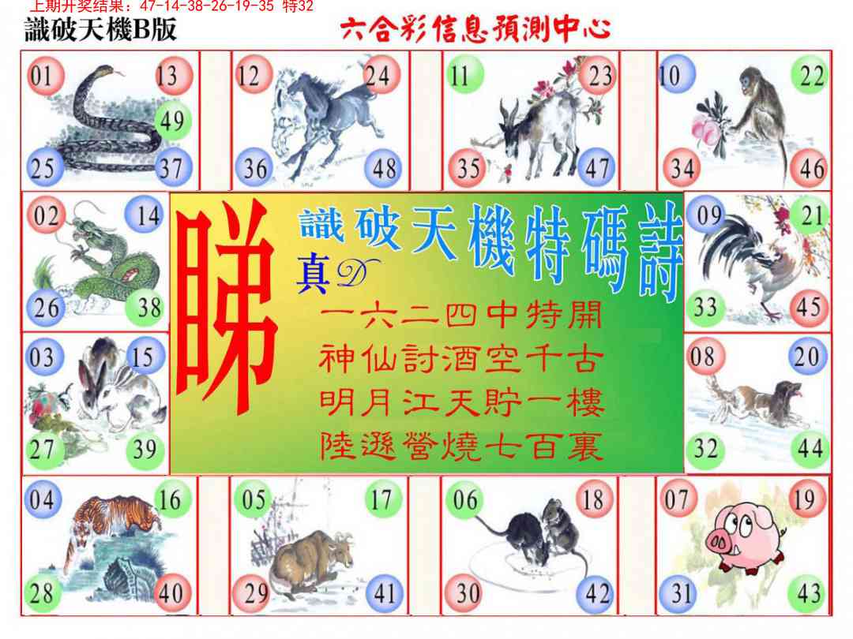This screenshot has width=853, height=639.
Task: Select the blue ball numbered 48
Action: point(385,168)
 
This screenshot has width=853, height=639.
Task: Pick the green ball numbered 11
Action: point(460,77)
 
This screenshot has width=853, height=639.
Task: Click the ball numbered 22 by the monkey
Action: point(811,77)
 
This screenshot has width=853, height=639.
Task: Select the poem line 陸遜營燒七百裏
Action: point(462,448)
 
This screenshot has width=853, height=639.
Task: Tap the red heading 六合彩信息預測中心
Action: point(475,30)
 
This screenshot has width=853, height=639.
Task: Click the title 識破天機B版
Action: point(100,30)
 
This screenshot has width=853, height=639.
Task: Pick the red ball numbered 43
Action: point(809,593)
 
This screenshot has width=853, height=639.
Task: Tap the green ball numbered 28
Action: point(42,593)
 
